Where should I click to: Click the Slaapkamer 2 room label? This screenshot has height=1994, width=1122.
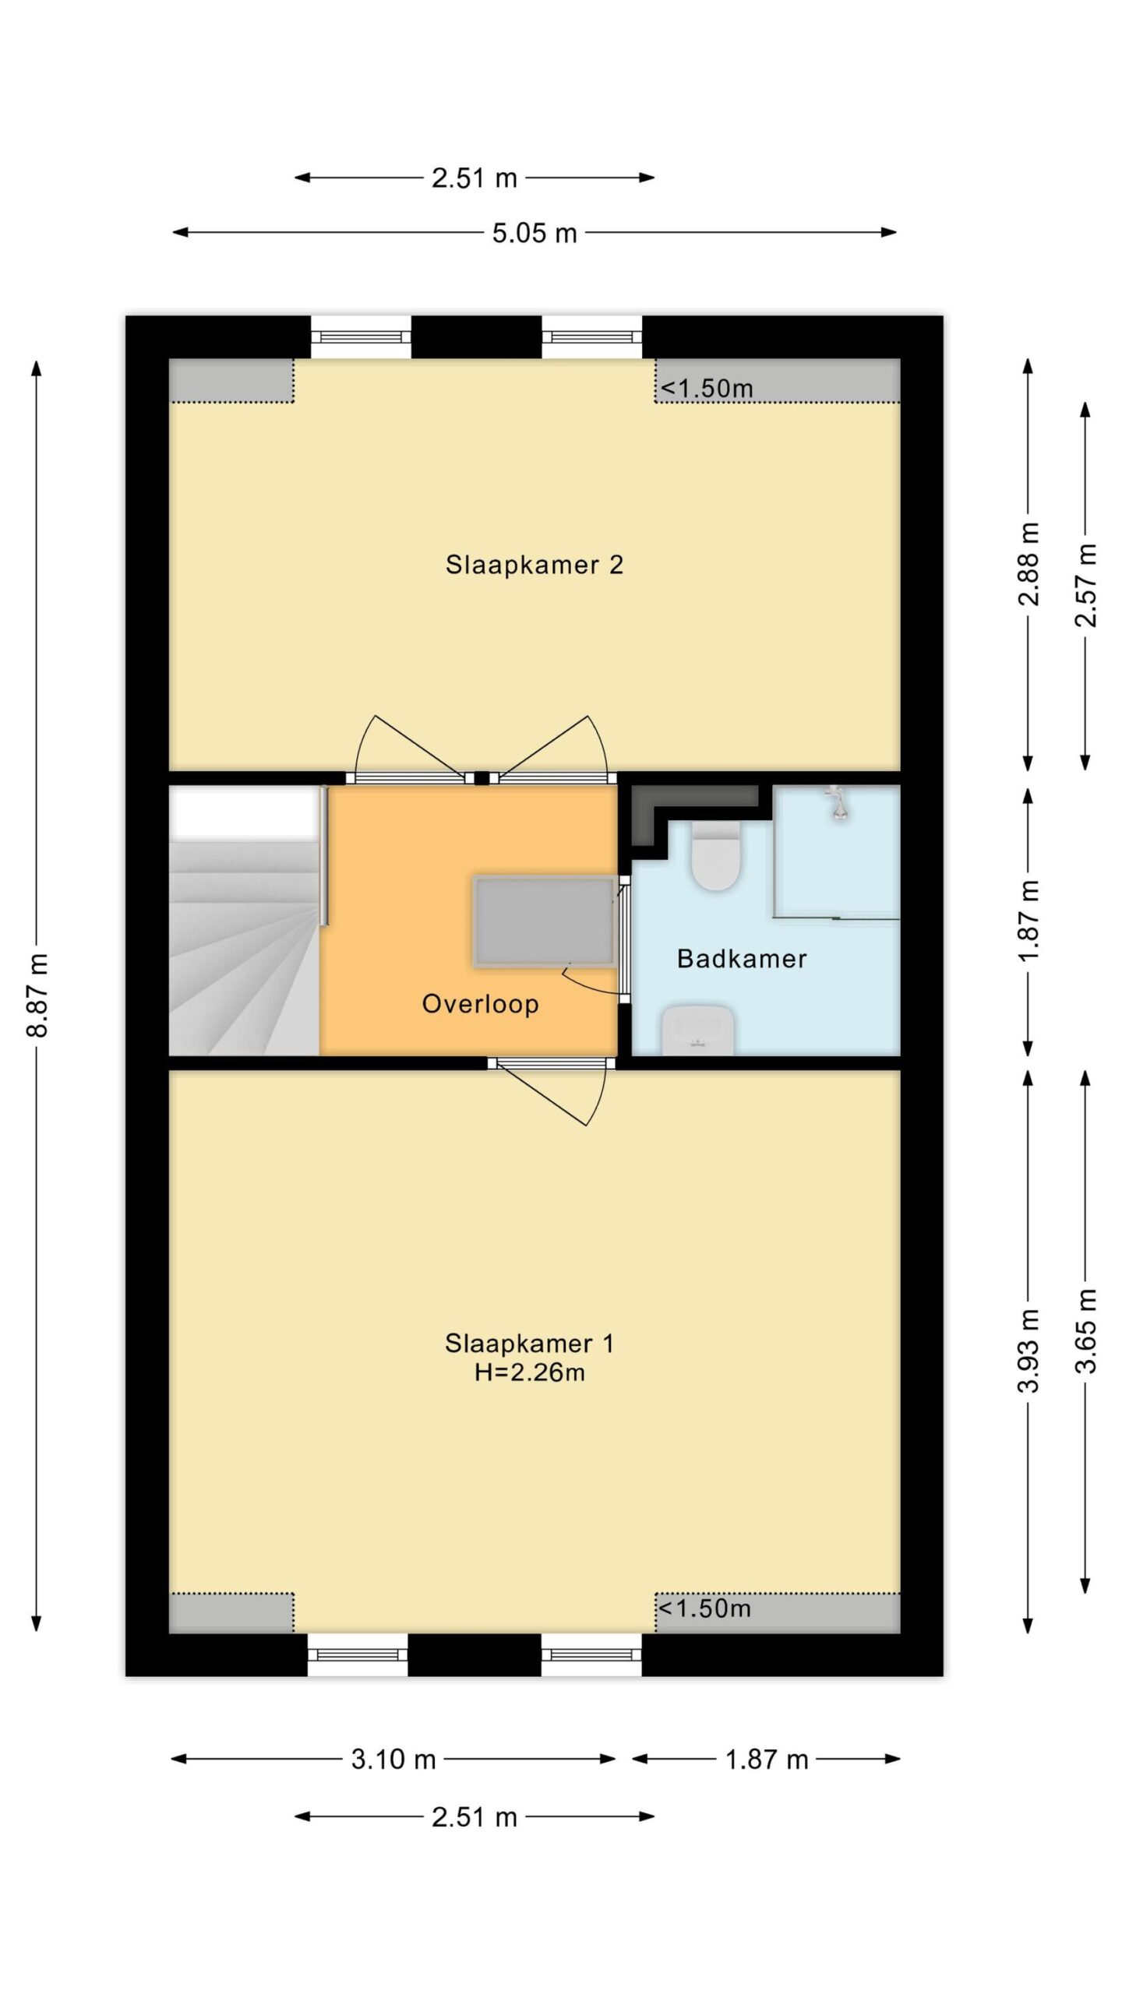(x=534, y=565)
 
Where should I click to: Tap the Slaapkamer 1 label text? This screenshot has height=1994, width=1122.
(x=530, y=1343)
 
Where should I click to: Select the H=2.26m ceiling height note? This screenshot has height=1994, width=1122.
(x=530, y=1372)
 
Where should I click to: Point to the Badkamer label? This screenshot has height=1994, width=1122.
(x=742, y=958)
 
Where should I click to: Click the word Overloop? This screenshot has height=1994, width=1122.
(x=480, y=1004)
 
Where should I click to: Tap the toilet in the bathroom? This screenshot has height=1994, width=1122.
(x=715, y=857)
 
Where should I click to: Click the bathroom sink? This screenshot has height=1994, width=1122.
(x=697, y=1030)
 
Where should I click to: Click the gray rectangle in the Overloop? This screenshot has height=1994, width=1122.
(x=544, y=921)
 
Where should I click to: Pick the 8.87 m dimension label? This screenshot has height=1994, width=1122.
(x=37, y=995)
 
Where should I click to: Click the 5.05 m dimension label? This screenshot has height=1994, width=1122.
(x=535, y=233)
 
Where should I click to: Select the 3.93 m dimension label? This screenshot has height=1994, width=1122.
(x=1029, y=1350)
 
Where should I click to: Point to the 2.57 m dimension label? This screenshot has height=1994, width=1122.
(x=1085, y=584)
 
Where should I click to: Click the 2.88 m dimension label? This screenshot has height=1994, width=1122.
(x=1029, y=564)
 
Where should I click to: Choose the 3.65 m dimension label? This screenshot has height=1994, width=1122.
(x=1085, y=1330)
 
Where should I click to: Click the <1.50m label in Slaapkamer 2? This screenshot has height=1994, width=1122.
(x=707, y=388)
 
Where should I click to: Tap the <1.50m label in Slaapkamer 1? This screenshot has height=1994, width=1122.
(x=704, y=1608)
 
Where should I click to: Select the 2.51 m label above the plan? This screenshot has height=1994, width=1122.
(x=475, y=178)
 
